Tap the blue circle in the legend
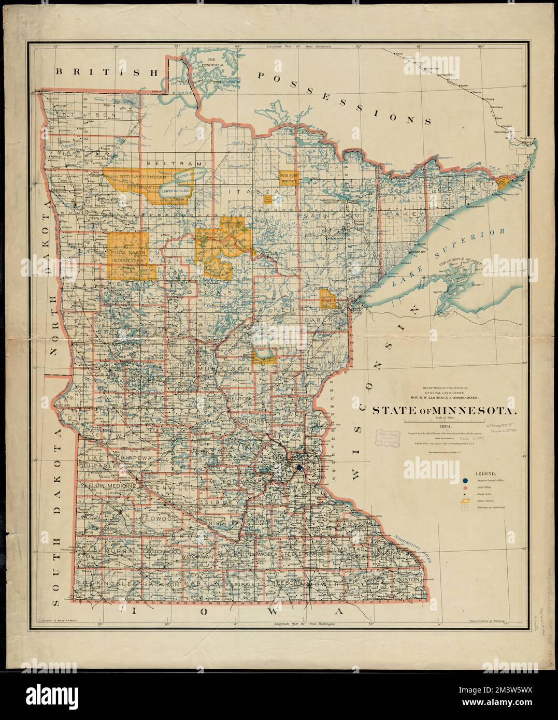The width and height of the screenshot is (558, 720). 465,480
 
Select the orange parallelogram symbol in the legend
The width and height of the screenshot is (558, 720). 465,501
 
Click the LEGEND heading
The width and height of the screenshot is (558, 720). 483,473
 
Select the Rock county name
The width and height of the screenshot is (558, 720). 87,583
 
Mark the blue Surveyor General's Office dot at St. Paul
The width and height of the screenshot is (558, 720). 299,468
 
